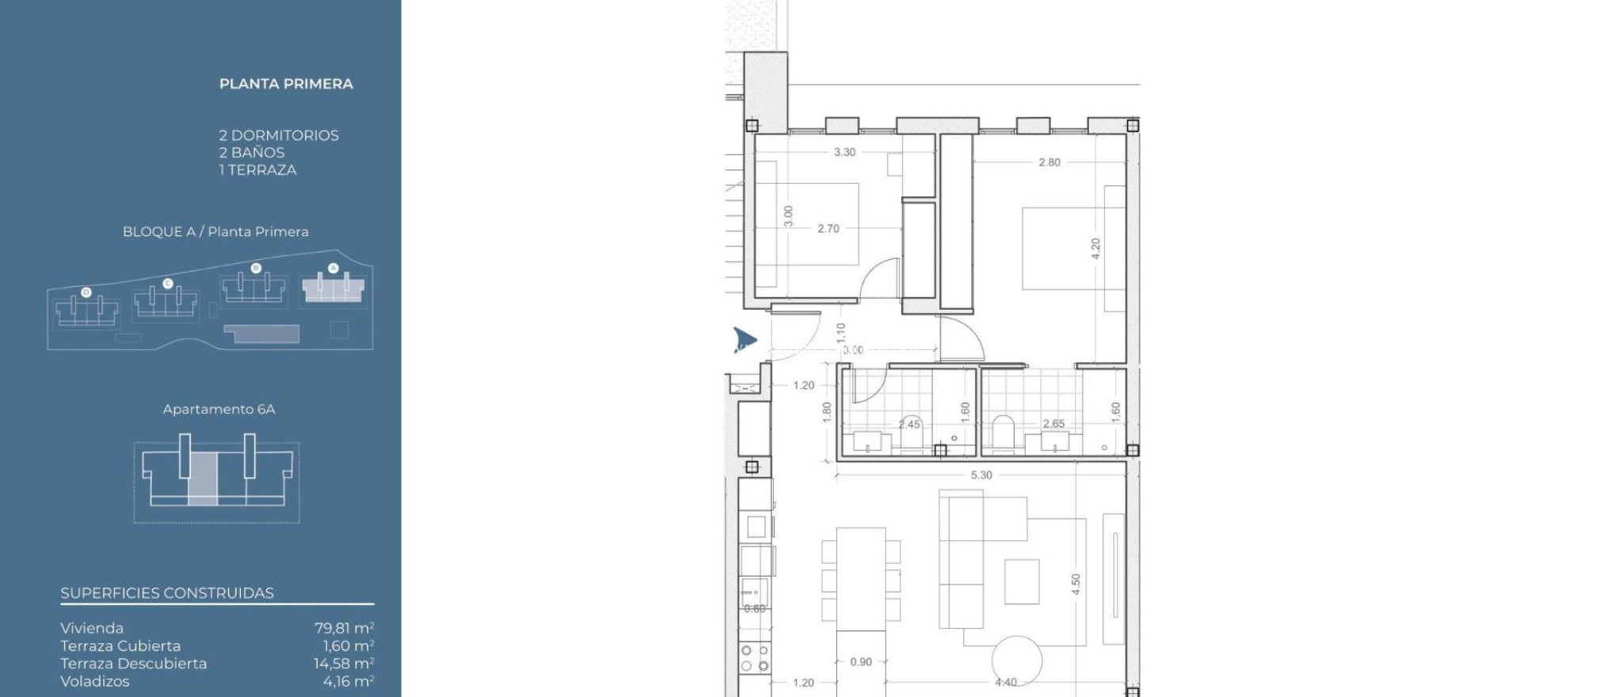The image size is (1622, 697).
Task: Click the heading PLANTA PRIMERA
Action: pos(286,84)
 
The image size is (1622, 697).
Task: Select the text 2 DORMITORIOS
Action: pos(279,135)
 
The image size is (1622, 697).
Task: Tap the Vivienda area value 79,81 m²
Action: pos(344,628)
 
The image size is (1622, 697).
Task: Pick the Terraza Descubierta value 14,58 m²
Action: pos(344,664)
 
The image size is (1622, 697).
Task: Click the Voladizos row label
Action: pos(95,681)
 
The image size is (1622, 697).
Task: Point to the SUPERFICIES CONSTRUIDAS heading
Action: pos(167,593)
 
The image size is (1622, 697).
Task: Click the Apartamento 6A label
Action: pos(219,409)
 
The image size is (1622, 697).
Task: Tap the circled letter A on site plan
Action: pos(333,268)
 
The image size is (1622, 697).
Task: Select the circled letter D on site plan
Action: pos(87,292)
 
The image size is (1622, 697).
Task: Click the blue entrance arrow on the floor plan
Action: pos(744,339)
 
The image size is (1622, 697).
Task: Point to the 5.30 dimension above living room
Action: pos(980,475)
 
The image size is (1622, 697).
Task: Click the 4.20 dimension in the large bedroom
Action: pos(1095,249)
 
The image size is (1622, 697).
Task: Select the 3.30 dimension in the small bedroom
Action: pos(844,152)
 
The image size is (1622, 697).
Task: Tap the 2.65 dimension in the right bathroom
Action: pos(1053,424)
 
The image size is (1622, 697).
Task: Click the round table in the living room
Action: pos(1016,660)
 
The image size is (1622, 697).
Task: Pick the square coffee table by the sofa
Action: pos(1022,581)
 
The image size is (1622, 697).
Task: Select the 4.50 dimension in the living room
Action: pos(1075,585)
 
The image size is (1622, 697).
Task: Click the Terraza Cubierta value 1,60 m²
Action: pos(348,646)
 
